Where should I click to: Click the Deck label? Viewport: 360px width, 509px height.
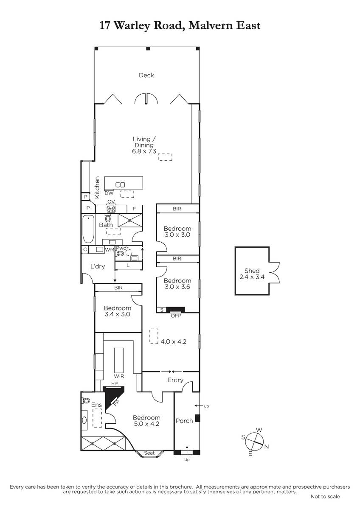click(x=146, y=75)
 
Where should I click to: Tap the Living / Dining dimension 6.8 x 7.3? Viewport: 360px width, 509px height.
click(x=144, y=151)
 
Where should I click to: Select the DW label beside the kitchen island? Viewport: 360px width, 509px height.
click(x=109, y=193)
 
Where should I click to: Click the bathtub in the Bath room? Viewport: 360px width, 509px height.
click(x=88, y=229)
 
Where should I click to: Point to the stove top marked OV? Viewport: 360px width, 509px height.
click(x=111, y=209)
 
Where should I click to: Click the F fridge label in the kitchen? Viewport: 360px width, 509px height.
click(x=135, y=208)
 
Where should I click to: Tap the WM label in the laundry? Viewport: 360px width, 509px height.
click(x=110, y=250)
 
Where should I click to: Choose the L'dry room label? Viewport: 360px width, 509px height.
click(x=98, y=266)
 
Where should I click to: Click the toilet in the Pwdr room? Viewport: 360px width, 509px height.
click(x=120, y=253)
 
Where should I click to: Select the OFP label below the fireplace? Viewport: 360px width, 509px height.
click(x=176, y=316)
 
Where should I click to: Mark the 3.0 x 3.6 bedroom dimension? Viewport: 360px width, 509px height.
click(x=177, y=287)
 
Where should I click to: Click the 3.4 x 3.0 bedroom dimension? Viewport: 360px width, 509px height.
click(x=117, y=314)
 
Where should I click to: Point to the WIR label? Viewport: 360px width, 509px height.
click(x=119, y=376)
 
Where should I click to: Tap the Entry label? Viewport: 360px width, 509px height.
click(x=175, y=380)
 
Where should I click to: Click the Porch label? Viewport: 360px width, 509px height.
click(x=184, y=421)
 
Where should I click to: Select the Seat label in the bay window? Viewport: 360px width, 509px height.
click(x=149, y=453)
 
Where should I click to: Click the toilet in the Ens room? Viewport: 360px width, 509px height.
click(x=86, y=400)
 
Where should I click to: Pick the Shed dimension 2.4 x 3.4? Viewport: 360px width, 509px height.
click(x=252, y=277)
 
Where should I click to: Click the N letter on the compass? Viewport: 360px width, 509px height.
click(x=267, y=447)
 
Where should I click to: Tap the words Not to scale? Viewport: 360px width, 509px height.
click(x=325, y=497)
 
